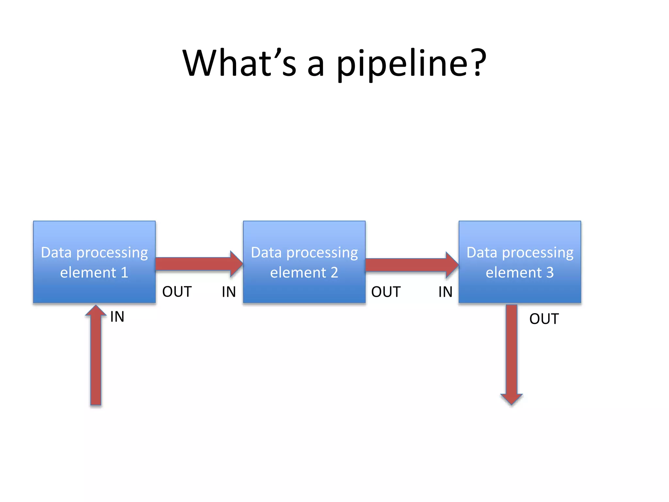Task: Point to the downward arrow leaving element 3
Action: tap(512, 353)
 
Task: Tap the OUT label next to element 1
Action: tap(177, 292)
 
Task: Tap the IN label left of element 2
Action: tap(229, 292)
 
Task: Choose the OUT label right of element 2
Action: tap(386, 292)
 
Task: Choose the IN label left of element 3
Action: tap(445, 292)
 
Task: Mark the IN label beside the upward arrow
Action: tap(117, 317)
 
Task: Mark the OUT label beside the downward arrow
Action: tap(544, 319)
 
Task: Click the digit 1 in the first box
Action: tap(124, 273)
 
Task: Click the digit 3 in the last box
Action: tap(550, 273)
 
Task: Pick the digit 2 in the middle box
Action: tap(334, 273)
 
